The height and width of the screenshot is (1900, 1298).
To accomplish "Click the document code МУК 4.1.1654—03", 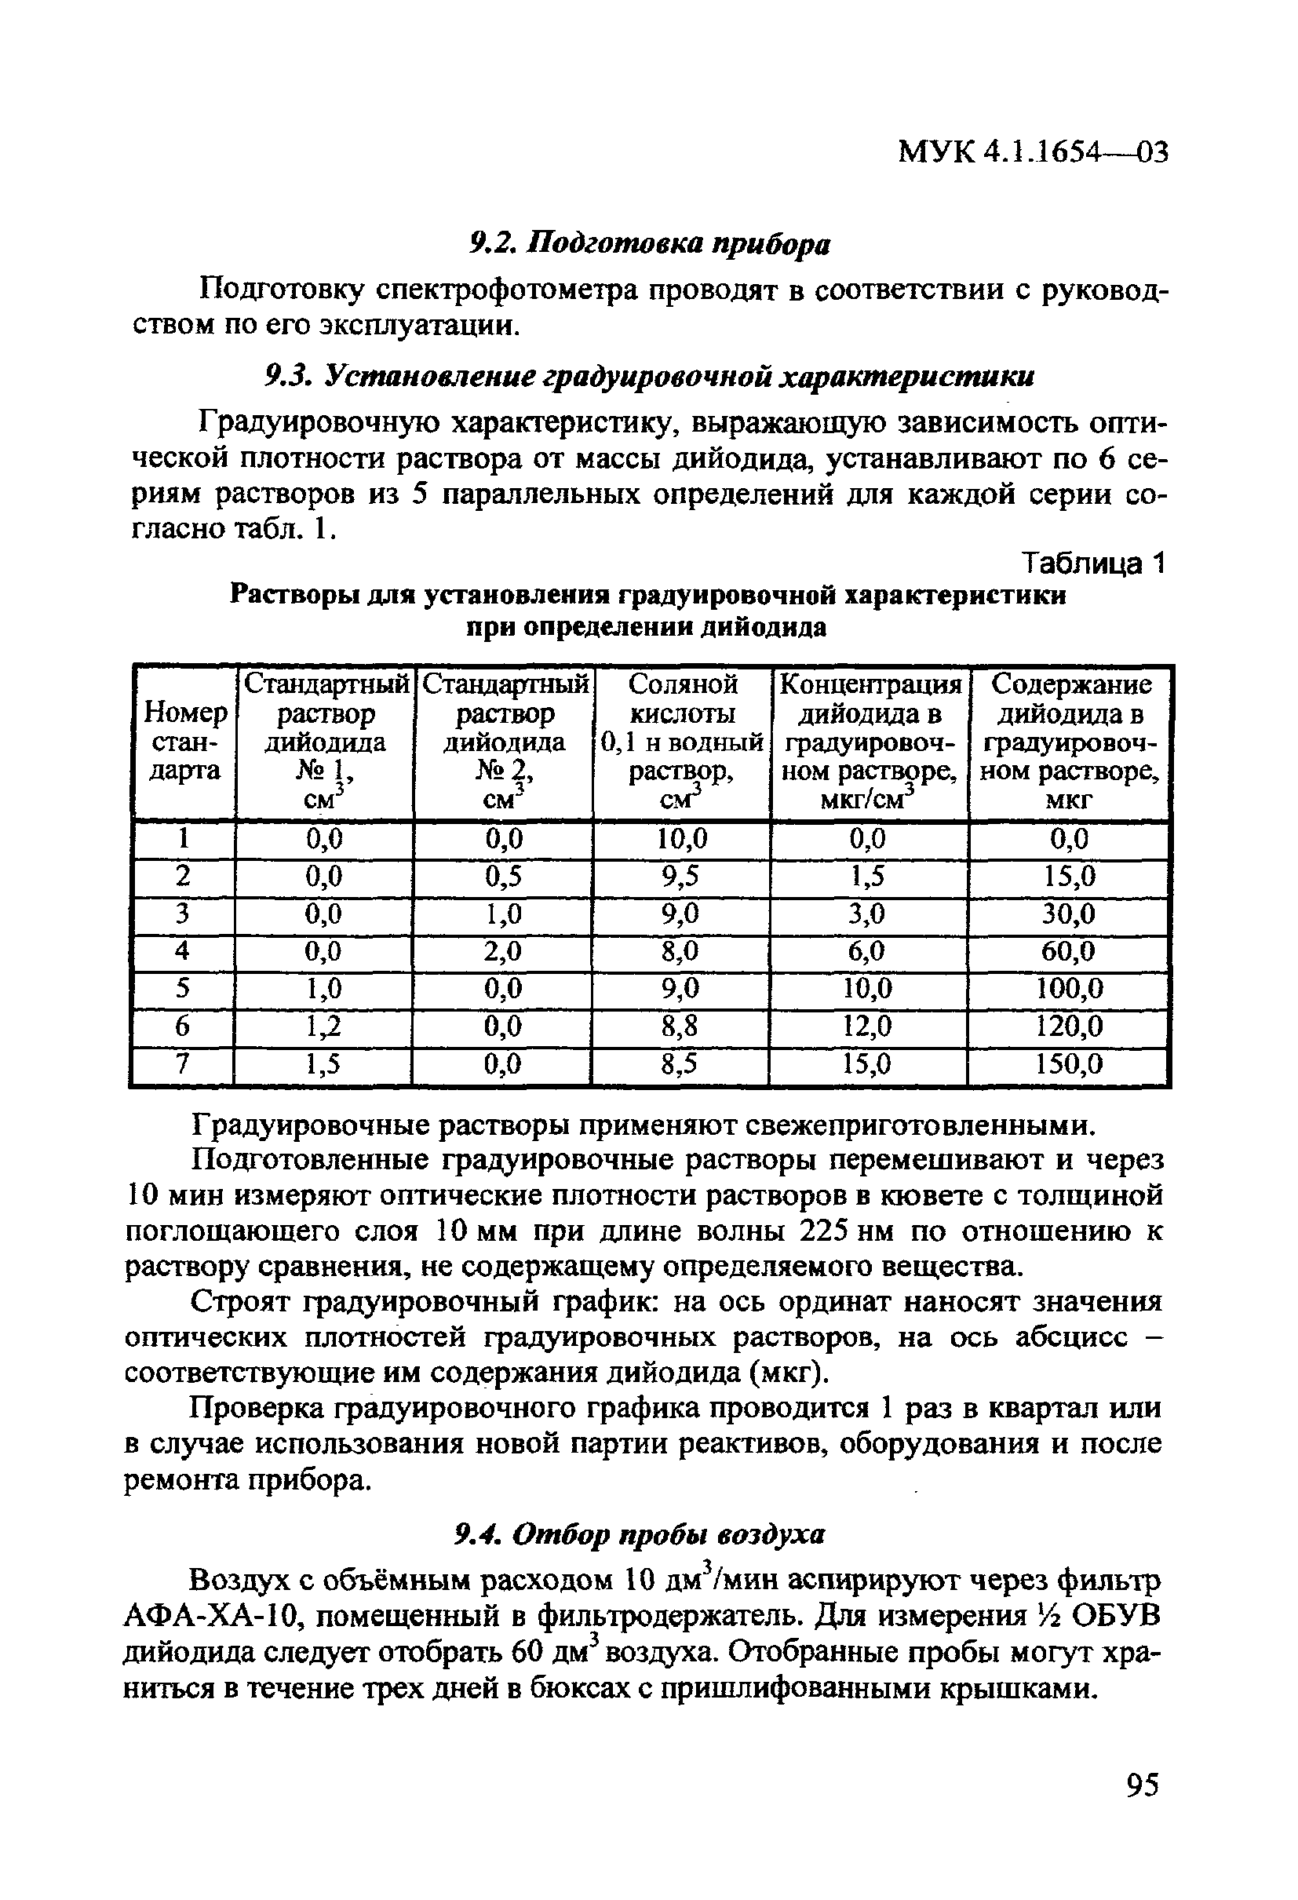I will pyautogui.click(x=1032, y=151).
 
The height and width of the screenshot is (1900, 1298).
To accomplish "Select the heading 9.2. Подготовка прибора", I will pyautogui.click(x=650, y=243).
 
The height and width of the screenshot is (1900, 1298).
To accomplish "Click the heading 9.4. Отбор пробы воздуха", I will pyautogui.click(x=640, y=1534).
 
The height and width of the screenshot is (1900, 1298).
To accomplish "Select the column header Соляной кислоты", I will pyautogui.click(x=682, y=742).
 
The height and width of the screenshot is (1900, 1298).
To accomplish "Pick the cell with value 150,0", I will pyautogui.click(x=1069, y=1063).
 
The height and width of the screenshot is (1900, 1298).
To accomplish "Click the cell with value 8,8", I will pyautogui.click(x=680, y=1026).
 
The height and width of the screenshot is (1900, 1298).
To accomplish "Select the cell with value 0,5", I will pyautogui.click(x=503, y=877).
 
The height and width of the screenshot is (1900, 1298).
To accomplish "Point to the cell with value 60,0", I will pyautogui.click(x=1069, y=951).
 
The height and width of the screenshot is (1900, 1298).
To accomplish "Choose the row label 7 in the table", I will pyautogui.click(x=183, y=1063).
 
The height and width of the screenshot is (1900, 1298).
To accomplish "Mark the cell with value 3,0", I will pyautogui.click(x=867, y=914).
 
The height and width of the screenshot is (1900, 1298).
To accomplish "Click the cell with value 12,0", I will pyautogui.click(x=867, y=1026).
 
